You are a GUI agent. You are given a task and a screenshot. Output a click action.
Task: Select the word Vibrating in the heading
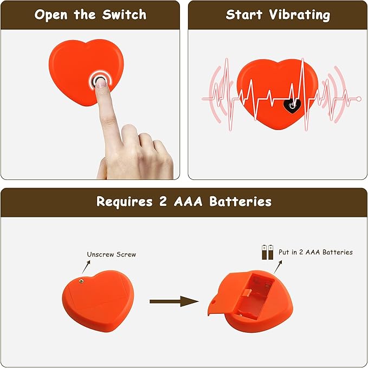tap(301, 15)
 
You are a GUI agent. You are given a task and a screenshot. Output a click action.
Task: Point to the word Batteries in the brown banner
tap(241, 202)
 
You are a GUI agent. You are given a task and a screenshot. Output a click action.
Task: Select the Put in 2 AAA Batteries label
tap(315, 252)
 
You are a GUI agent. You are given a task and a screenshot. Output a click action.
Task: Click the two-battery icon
tap(267, 251)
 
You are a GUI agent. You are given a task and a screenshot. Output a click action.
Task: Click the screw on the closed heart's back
tap(81, 280)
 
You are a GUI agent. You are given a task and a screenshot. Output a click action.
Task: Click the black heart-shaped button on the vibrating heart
tap(293, 104)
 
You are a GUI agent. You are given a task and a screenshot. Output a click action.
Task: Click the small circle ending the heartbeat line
tap(359, 99)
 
